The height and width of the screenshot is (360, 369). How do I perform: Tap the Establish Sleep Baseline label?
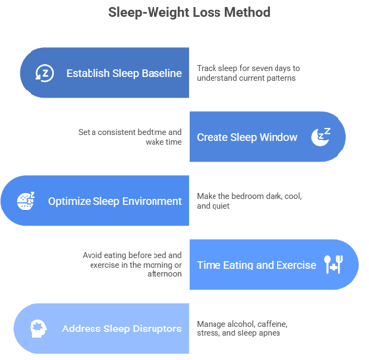coord(124,72)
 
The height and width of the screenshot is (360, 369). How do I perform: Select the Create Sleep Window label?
coord(245,137)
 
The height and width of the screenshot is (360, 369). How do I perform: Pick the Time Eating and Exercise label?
coord(255,265)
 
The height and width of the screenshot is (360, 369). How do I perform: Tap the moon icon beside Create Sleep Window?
coord(320,136)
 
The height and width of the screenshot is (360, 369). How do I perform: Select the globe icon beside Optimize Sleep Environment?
coord(27,201)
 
